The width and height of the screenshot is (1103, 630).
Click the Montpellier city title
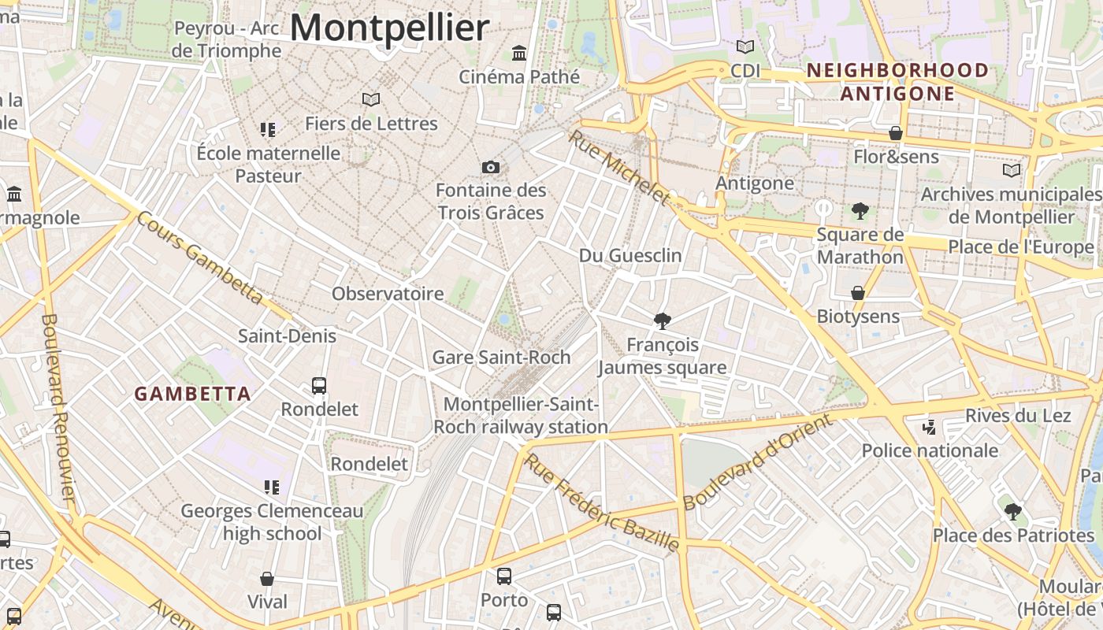click(x=390, y=28)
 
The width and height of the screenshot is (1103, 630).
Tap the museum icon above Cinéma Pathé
click(x=519, y=53)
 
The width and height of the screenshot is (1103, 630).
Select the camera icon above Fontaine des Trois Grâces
click(x=491, y=167)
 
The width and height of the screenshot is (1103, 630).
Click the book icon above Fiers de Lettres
click(x=371, y=99)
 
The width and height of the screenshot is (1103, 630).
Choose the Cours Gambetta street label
click(x=199, y=258)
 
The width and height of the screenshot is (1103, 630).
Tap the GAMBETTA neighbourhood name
click(x=192, y=394)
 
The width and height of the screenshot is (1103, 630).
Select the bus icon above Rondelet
click(x=319, y=386)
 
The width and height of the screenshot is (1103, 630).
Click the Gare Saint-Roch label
click(x=501, y=358)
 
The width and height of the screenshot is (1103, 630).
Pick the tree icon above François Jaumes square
click(x=663, y=321)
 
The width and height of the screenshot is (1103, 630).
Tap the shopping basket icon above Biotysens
click(x=858, y=293)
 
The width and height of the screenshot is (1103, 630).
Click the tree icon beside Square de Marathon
click(x=860, y=210)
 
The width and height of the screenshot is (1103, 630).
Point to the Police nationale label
click(x=930, y=451)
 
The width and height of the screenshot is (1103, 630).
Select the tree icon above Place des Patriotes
click(x=1013, y=512)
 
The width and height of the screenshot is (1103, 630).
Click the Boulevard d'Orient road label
click(x=757, y=462)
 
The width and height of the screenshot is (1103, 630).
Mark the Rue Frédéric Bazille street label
click(x=603, y=502)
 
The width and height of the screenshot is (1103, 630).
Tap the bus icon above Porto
click(x=504, y=576)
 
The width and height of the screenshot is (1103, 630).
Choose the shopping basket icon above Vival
click(x=267, y=579)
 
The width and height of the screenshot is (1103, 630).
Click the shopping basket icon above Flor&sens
click(x=896, y=133)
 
